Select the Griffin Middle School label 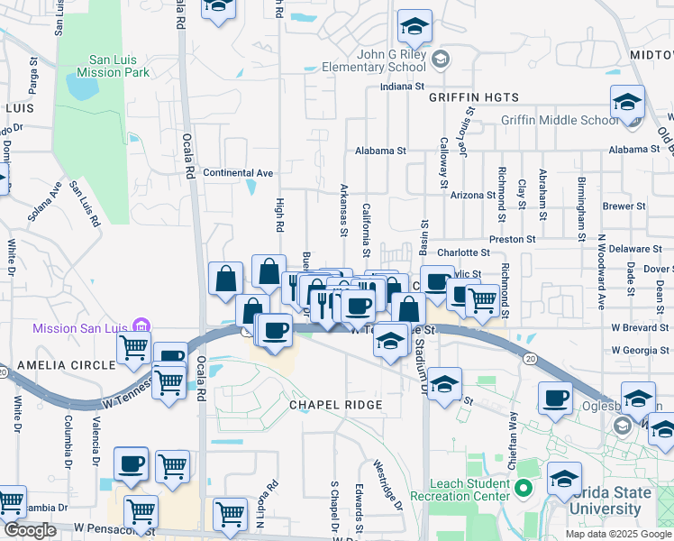click(560, 120)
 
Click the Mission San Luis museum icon click(140, 326)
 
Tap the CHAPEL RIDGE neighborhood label click(335, 405)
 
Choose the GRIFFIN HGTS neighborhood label click(474, 96)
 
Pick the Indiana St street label click(402, 87)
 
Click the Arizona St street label click(473, 195)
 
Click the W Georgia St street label click(641, 349)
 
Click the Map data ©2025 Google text click(619, 534)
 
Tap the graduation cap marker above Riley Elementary click(414, 27)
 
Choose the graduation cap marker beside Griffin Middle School click(627, 103)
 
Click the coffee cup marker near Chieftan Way click(555, 399)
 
